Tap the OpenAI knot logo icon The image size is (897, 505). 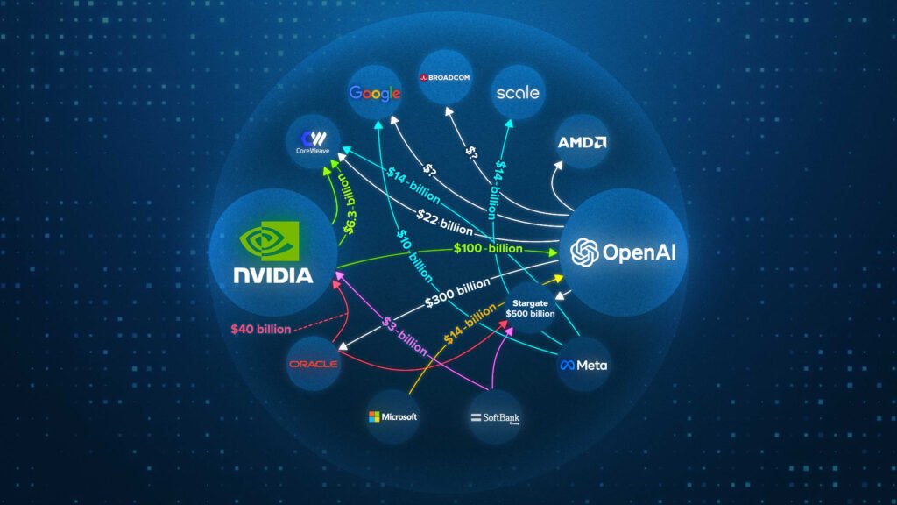pos(584,253)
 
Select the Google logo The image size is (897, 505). pos(375,93)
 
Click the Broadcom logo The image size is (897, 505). pos(447,77)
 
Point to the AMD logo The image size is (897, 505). pos(583,142)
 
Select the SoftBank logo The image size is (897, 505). pos(495,417)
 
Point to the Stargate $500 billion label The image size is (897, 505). pos(530,308)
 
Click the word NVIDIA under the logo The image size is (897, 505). pos(272,275)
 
